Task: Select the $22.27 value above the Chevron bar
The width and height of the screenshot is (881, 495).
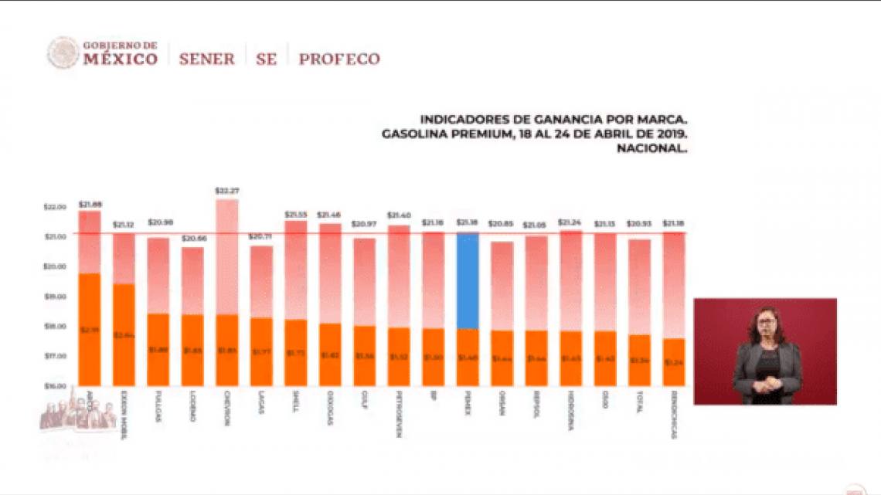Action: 226,190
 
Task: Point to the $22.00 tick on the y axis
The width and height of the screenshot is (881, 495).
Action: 55,207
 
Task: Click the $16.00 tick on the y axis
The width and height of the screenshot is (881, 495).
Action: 55,386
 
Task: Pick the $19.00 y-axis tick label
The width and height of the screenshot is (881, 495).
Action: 55,297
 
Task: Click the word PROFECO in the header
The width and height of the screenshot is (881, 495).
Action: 339,59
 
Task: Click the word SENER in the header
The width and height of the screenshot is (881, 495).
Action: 206,59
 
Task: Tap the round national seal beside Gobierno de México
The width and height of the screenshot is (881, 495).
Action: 63,53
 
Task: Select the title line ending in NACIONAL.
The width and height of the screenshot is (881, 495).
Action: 651,149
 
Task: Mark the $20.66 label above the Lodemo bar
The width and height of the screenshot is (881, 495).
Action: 192,239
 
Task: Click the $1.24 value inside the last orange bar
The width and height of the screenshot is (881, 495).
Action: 672,362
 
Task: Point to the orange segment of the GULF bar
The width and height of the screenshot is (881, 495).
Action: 364,355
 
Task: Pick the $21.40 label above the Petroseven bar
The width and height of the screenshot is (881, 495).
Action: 398,215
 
